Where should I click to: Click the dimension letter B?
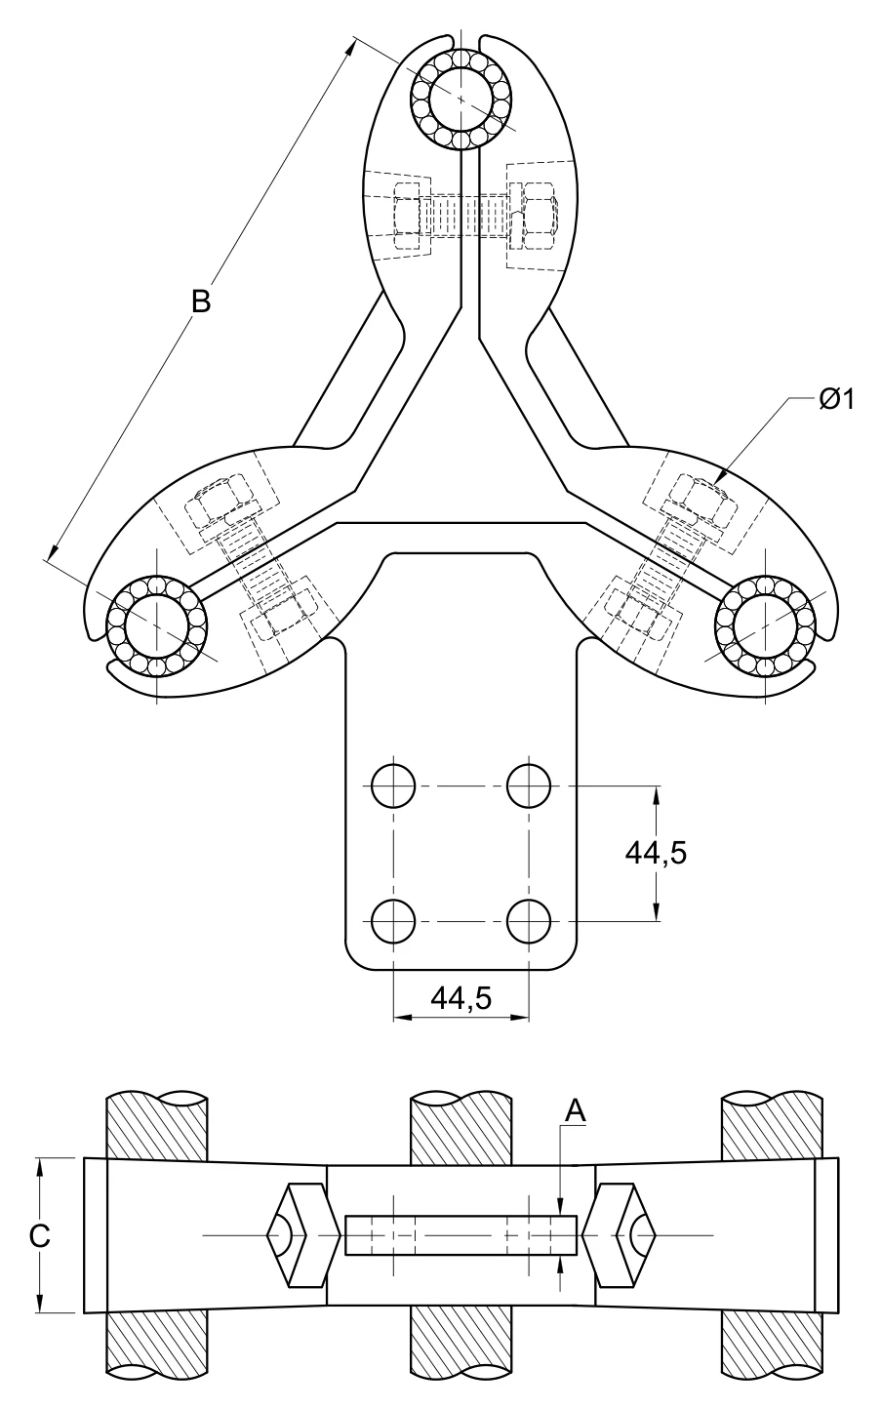(201, 301)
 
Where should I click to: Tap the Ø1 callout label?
(837, 399)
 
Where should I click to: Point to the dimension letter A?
(576, 1111)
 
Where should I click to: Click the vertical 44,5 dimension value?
(656, 854)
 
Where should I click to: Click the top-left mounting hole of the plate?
(393, 785)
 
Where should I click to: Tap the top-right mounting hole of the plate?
(529, 785)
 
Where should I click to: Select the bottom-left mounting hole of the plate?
(393, 921)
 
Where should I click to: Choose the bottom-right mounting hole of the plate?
(529, 921)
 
